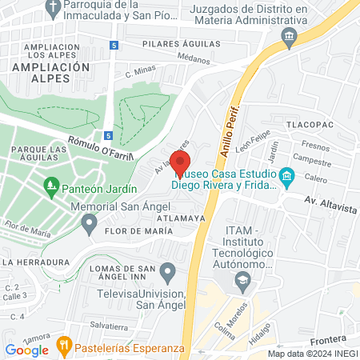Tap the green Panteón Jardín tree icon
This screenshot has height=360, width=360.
click(x=50, y=189)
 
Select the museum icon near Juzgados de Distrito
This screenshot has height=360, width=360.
click(x=288, y=36)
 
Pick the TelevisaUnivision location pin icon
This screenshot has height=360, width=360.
click(x=167, y=273)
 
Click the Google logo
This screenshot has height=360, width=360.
click(x=26, y=349)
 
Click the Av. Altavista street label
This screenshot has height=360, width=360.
click(x=329, y=206)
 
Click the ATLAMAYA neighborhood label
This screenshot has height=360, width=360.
click(x=182, y=217)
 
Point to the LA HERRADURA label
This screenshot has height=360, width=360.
click(x=35, y=262)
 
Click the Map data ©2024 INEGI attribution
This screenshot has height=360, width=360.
click(x=312, y=354)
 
